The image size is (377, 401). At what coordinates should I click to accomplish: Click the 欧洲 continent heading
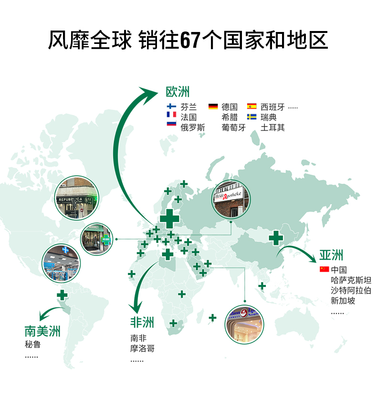tap(178, 92)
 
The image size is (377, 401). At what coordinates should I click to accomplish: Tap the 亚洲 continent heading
tap(332, 255)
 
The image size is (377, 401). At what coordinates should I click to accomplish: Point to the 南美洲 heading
tap(43, 331)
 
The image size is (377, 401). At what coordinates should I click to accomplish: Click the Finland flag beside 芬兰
tap(171, 106)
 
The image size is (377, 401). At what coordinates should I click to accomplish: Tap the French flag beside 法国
tap(171, 115)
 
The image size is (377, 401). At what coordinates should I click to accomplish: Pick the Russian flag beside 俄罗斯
tap(171, 124)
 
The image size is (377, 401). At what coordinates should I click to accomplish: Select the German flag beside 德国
tap(213, 106)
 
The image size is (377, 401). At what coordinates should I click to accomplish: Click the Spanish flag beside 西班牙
tap(252, 106)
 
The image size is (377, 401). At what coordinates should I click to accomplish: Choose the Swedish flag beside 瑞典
tap(252, 116)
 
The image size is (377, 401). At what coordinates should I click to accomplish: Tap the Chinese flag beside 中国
tap(325, 269)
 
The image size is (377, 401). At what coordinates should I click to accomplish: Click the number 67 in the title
tap(189, 40)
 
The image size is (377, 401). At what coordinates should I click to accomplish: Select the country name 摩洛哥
tap(142, 349)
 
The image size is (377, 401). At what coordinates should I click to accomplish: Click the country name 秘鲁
tap(32, 344)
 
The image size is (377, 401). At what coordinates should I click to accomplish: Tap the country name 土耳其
tap(272, 127)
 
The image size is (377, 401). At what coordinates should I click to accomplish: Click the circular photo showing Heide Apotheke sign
tap(231, 200)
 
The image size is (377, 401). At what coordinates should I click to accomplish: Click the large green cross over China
tap(276, 237)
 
